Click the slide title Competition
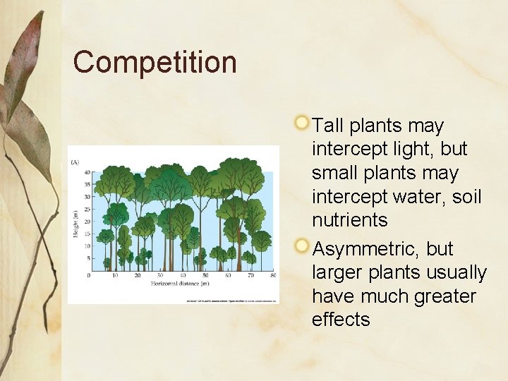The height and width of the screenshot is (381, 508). pyautogui.click(x=155, y=62)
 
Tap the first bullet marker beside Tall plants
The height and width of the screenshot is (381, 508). pyautogui.click(x=302, y=122)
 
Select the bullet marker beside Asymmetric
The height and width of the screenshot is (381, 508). pyautogui.click(x=302, y=246)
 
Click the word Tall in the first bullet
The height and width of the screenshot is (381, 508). pyautogui.click(x=328, y=126)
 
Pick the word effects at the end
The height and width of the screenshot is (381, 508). pyautogui.click(x=340, y=320)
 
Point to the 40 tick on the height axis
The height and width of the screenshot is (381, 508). pyautogui.click(x=87, y=172)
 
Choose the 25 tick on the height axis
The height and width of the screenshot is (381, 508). pyautogui.click(x=87, y=210)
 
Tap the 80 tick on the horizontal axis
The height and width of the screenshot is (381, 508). pyautogui.click(x=272, y=275)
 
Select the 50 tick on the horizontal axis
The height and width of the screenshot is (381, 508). pyautogui.click(x=205, y=275)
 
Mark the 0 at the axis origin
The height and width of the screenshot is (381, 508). pyautogui.click(x=89, y=275)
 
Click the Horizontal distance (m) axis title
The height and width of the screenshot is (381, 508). pyautogui.click(x=179, y=284)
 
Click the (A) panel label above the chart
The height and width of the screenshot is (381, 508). pyautogui.click(x=75, y=162)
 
